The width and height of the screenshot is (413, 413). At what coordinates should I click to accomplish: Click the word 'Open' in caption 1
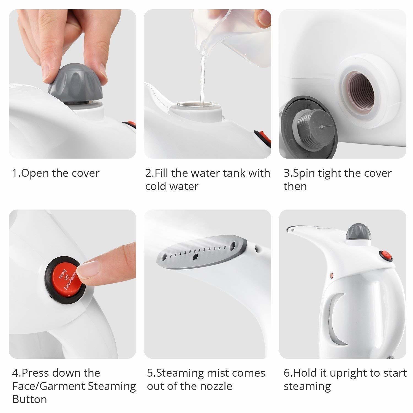coord(33,173)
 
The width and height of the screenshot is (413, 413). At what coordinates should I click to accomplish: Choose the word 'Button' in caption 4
coord(29,399)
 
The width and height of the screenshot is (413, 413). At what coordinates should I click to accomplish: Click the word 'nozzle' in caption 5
coord(216,386)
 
